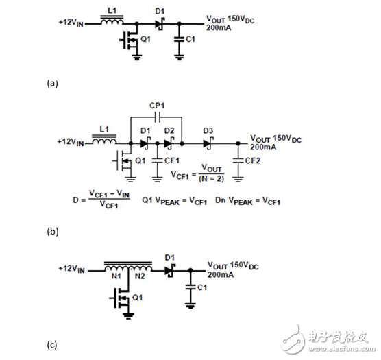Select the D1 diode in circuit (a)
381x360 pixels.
[x=159, y=24]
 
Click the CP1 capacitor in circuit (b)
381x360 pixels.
[x=156, y=117]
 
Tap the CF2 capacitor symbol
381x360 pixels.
[x=238, y=160]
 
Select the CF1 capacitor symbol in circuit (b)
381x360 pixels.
[x=157, y=160]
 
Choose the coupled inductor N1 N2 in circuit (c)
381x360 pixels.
[x=127, y=264]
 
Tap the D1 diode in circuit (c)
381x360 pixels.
[x=169, y=269]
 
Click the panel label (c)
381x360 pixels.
[x=52, y=344]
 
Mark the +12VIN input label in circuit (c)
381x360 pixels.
[x=75, y=269]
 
